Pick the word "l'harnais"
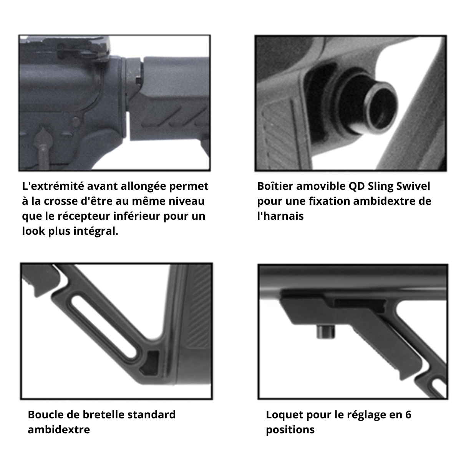pos(280,216)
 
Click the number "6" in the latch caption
pos(408,415)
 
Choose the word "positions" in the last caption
pos(290,430)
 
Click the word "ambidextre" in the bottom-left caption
pos(58,430)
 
